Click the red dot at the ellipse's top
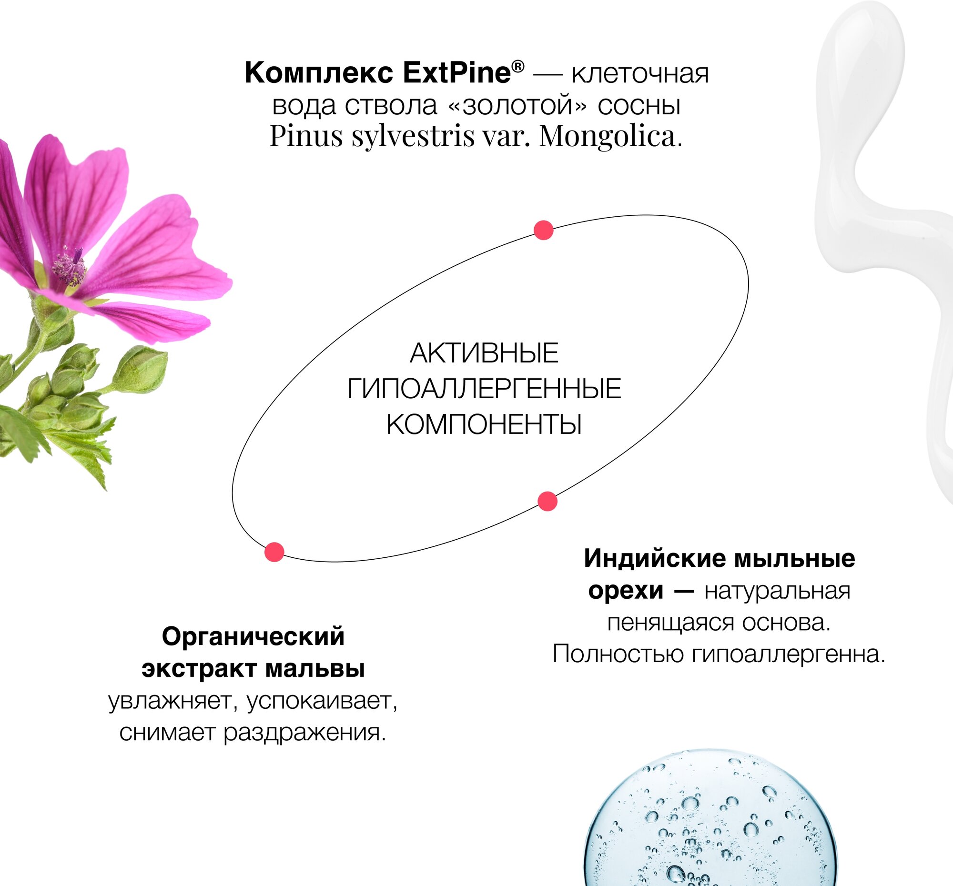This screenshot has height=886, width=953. pyautogui.click(x=544, y=230)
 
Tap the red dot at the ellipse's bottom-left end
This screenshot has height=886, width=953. pyautogui.click(x=274, y=552)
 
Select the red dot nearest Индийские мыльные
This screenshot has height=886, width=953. pyautogui.click(x=547, y=501)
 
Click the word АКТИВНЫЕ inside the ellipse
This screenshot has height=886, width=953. pyautogui.click(x=484, y=353)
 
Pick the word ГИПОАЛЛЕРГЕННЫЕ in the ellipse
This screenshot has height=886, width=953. pyautogui.click(x=484, y=389)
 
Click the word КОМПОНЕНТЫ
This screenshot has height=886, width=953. pyautogui.click(x=484, y=424)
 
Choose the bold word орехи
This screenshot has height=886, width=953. pyautogui.click(x=626, y=590)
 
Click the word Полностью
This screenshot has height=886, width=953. pyautogui.click(x=618, y=654)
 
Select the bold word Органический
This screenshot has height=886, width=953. pyautogui.click(x=253, y=636)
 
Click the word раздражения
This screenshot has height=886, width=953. pyautogui.click(x=305, y=732)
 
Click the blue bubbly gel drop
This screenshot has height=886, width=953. pyautogui.click(x=711, y=824)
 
